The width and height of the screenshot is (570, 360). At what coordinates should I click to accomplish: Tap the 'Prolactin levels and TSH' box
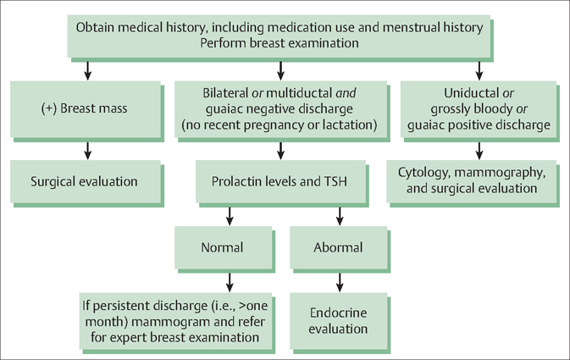[x=279, y=180]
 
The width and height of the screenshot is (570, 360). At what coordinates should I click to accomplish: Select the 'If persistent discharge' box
[x=172, y=319]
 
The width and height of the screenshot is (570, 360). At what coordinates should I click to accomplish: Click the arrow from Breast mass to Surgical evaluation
[x=86, y=149]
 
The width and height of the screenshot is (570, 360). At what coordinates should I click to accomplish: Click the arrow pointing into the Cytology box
[x=479, y=149]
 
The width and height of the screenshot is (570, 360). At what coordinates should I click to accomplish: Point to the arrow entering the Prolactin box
[x=279, y=149]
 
